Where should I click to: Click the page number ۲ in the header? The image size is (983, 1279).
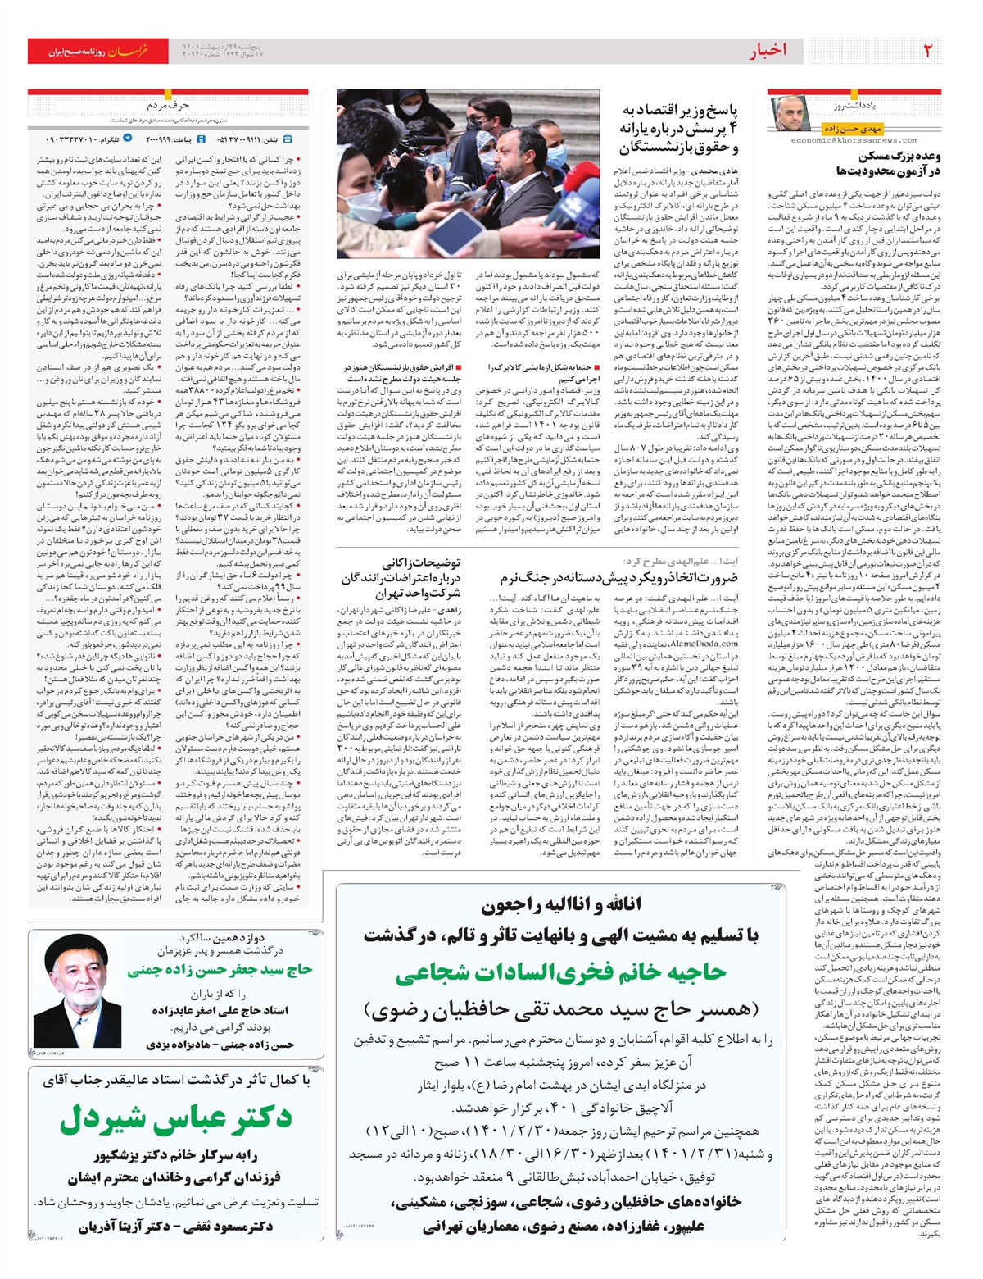point(927,51)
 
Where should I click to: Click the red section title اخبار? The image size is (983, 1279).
point(767,51)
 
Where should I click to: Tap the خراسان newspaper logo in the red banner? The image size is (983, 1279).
point(129,51)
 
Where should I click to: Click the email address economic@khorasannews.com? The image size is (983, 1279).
point(855,140)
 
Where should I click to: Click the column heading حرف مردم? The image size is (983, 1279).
point(168,106)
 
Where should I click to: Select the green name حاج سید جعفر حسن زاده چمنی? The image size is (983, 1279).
point(220,970)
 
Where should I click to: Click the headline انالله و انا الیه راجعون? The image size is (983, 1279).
point(562,905)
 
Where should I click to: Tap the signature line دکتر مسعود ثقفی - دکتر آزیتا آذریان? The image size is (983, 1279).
point(176,1227)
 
